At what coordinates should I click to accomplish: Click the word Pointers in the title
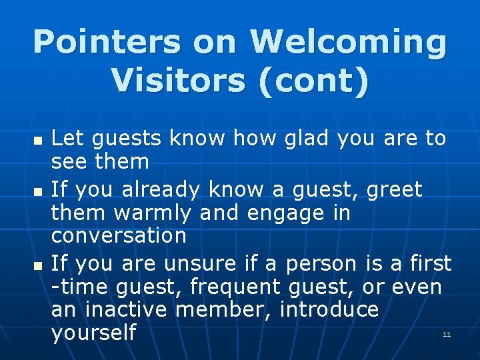107,42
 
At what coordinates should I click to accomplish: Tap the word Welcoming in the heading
347,42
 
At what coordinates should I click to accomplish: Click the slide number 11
447,334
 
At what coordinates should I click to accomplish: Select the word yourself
93,333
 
